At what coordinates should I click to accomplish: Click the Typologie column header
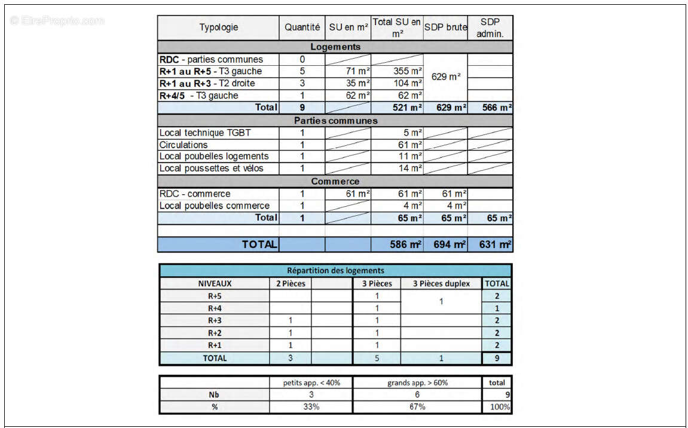pos(218,27)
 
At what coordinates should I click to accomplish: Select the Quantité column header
pos(302,27)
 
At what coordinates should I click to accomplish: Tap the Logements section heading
pos(335,47)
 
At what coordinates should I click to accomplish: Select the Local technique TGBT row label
pos(201,133)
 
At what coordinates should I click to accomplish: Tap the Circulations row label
pos(184,145)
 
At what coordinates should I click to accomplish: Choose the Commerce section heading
pos(335,181)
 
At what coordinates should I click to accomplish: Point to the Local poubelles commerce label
pos(214,206)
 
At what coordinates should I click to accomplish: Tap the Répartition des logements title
pos(335,270)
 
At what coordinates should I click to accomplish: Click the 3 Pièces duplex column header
pos(441,283)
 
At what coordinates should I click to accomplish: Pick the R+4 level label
pos(215,308)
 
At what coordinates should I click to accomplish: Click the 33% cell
pos(311,406)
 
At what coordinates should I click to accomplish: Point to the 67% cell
pos(417,406)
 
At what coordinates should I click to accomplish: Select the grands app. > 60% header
pos(417,383)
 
